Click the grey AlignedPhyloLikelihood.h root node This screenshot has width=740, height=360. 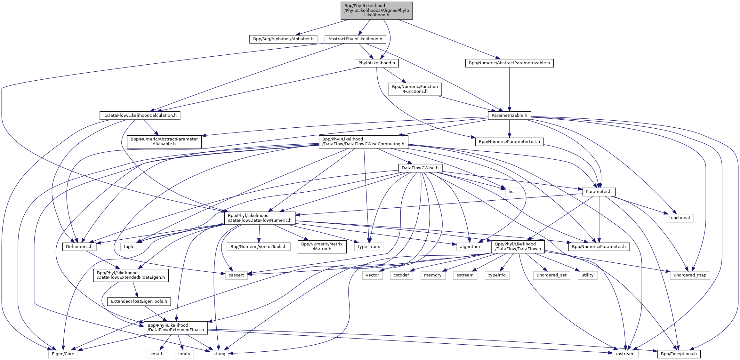coord(376,11)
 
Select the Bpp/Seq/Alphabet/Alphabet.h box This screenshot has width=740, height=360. coord(283,39)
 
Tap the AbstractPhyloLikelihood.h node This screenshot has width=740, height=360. coord(355,39)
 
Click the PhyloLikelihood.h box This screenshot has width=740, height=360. coord(376,63)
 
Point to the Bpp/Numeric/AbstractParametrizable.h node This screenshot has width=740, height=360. coord(509,63)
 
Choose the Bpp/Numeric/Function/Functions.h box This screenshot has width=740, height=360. coord(415,89)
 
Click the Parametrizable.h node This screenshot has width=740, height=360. coord(509,116)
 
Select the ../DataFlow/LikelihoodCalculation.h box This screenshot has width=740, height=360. coord(140,116)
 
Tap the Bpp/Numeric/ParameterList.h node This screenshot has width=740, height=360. coord(509,142)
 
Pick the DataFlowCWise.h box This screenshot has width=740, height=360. coord(420,168)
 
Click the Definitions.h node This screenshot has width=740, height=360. coord(79,247)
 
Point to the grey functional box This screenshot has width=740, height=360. coord(679,218)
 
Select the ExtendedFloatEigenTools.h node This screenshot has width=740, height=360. coord(139,301)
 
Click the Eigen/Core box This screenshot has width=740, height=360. coord(63,354)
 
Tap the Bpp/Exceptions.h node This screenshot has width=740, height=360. coord(679,354)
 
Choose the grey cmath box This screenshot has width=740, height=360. coord(157,354)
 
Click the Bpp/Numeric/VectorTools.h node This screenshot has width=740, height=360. coord(258,247)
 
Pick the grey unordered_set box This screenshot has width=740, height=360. coord(551,275)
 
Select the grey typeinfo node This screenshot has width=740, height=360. coord(497,275)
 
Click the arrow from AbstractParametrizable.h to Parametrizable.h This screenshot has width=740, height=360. coord(510,90)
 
